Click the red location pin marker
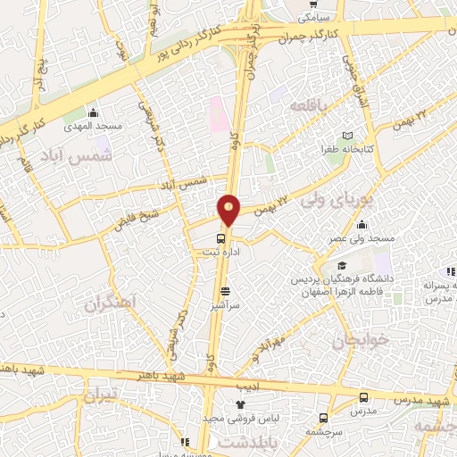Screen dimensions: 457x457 point(229,209)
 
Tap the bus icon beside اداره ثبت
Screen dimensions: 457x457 point(220,238)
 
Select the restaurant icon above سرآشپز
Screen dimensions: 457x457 point(224,291)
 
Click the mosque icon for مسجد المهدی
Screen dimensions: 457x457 point(93,112)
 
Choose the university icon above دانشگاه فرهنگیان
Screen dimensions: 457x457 point(341,266)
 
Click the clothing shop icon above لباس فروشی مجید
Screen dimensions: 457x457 point(240,405)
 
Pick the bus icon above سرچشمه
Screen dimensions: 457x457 point(322,417)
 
